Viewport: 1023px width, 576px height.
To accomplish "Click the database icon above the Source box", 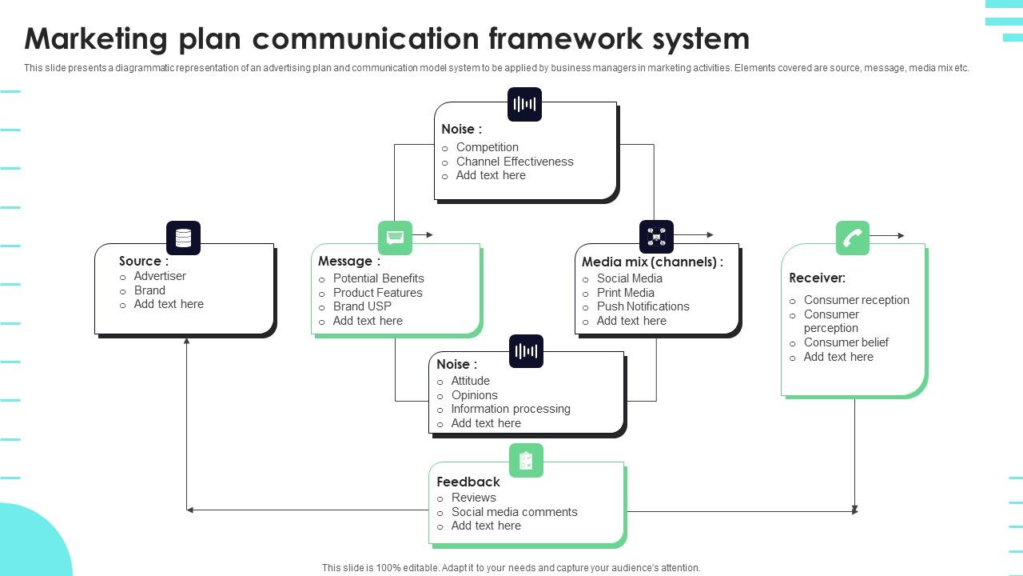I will (183, 238).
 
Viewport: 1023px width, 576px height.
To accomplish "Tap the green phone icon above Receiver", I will (853, 238).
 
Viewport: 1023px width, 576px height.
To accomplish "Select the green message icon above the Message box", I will (395, 238).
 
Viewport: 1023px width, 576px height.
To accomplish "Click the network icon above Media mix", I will (656, 237).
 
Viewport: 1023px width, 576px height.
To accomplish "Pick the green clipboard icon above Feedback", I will (526, 460).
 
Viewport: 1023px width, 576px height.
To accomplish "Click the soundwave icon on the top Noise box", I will (524, 104).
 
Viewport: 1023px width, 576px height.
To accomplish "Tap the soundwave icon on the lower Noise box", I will (526, 351).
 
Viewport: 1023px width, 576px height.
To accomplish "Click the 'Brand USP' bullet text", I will (362, 306).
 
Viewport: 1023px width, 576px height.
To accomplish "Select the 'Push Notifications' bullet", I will (643, 306).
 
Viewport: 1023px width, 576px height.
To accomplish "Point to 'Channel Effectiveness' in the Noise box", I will (515, 162).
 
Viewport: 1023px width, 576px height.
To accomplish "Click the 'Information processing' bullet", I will (511, 409).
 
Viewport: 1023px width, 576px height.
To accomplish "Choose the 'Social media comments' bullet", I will (514, 512).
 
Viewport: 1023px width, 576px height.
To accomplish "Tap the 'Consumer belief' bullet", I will (846, 342).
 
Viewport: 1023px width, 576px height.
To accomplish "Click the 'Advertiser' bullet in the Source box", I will (160, 276).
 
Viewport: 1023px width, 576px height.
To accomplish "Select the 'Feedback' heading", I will (468, 482).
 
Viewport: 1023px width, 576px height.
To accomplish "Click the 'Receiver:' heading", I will (817, 278).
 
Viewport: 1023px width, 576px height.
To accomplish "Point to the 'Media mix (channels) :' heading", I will (652, 262).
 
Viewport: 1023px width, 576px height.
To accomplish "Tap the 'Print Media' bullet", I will (625, 293).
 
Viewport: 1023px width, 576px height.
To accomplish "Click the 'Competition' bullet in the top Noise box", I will (487, 147).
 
